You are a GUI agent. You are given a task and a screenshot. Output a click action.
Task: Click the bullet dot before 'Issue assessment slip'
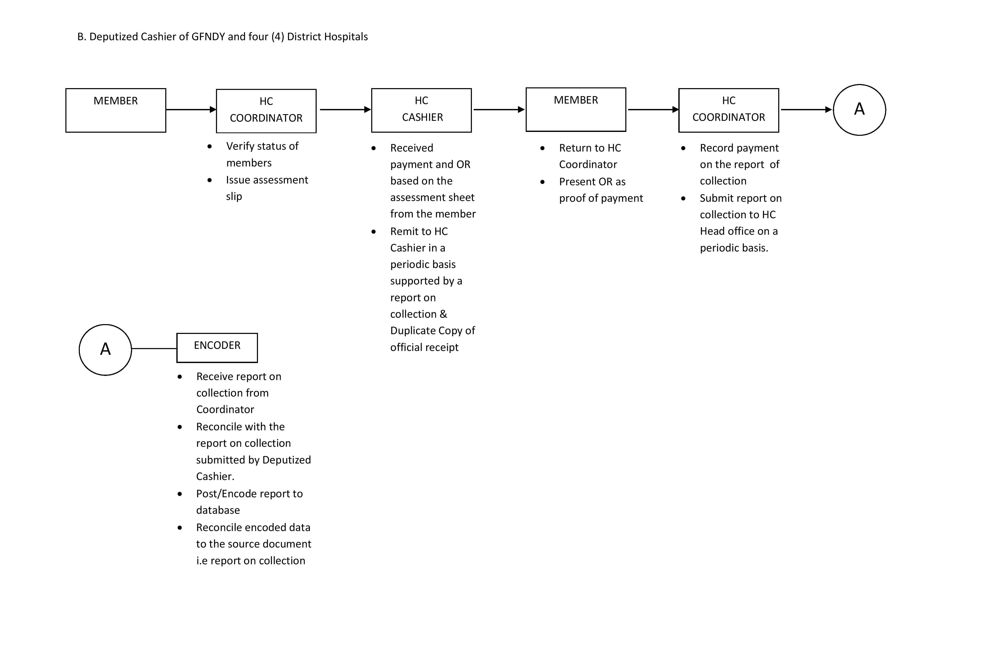tap(210, 180)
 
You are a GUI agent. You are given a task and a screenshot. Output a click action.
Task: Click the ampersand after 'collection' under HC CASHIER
tap(443, 314)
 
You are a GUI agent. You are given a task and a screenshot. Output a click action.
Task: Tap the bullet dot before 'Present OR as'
tap(542, 182)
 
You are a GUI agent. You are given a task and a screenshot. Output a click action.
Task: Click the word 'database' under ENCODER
tap(218, 510)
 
